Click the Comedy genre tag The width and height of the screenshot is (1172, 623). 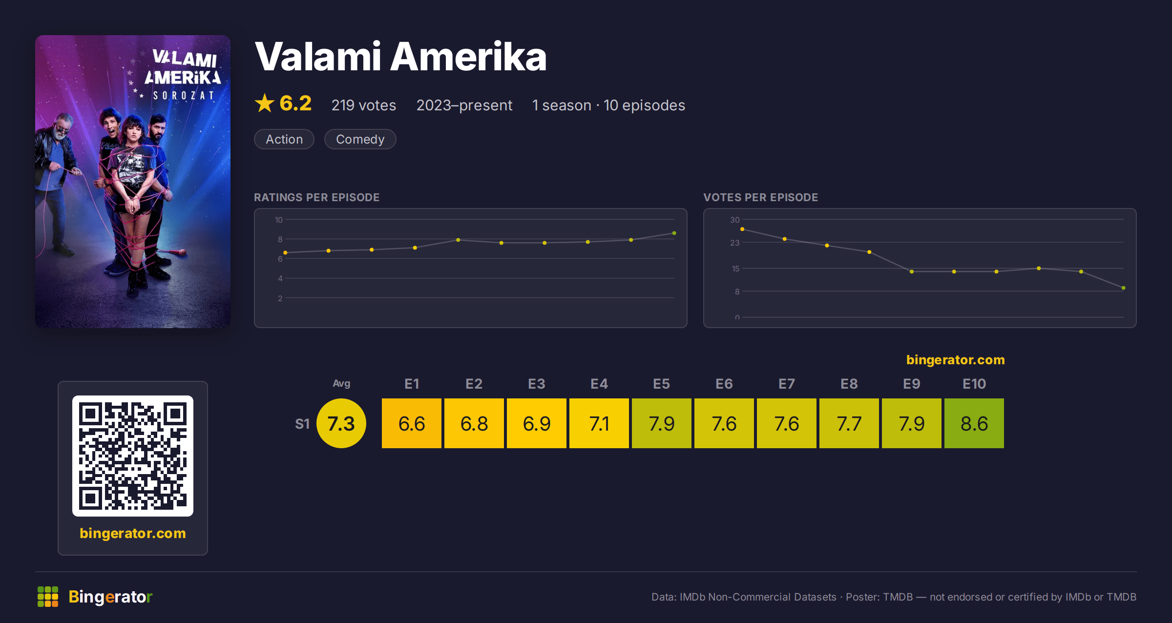coord(360,139)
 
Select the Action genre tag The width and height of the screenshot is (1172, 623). coord(284,139)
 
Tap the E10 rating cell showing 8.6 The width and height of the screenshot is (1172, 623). coord(974,423)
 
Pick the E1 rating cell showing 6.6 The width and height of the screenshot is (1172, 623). coord(411,423)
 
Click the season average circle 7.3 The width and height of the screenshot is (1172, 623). coord(341,423)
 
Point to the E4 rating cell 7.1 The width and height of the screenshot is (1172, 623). coord(599,423)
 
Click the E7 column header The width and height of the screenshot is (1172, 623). coord(786,384)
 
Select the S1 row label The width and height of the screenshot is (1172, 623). coord(302,424)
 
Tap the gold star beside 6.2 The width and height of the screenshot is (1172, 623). coord(265,103)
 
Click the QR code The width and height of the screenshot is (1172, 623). coord(133,456)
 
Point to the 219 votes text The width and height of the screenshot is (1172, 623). coord(364,105)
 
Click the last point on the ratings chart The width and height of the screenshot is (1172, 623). coord(674,233)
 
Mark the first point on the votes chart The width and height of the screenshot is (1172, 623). coord(742,229)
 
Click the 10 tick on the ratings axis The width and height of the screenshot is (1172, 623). coord(278,220)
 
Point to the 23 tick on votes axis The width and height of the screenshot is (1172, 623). coord(734,243)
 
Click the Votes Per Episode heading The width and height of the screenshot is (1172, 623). coord(760,197)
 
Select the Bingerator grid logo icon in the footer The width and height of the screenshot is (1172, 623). coord(48,597)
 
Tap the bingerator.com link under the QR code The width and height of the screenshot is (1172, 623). coord(133,533)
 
